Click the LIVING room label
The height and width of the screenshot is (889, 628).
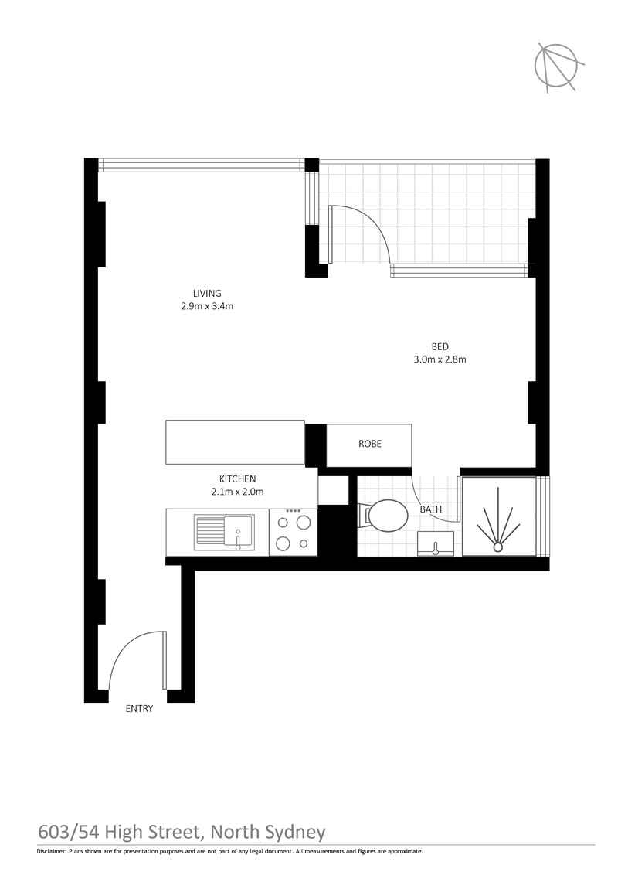pos(207,293)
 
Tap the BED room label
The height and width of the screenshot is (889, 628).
pos(440,346)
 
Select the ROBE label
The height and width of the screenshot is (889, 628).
pos(370,444)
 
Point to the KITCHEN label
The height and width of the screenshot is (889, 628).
pos(237,479)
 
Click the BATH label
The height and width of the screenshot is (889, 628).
pos(430,509)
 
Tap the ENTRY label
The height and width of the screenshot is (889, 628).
pos(139,708)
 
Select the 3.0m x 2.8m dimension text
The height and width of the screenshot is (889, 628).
pos(440,359)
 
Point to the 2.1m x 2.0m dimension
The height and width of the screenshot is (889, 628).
pos(237,492)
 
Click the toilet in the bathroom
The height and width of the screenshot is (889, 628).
pos(385,516)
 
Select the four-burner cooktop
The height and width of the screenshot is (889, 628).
pos(293,533)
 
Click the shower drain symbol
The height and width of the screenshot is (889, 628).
pos(497,547)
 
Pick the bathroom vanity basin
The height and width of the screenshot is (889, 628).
pos(436,543)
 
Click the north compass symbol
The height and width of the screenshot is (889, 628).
pos(558,66)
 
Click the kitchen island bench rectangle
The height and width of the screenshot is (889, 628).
pos(235,442)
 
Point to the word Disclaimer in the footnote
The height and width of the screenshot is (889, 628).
pos(51,867)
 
